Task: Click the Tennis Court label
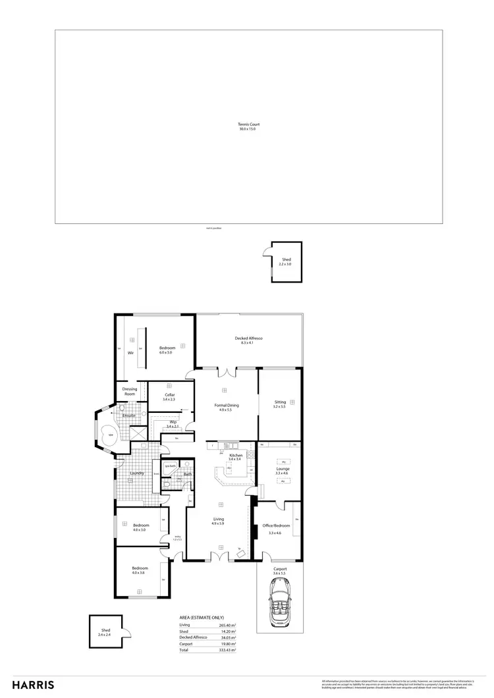coord(248,126)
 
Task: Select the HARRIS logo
coord(34,685)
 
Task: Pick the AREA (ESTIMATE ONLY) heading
coord(204,617)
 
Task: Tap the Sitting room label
coord(281,403)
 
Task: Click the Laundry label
coord(138,473)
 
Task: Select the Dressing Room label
coord(129,391)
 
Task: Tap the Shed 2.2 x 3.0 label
coord(286,261)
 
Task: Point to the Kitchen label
coord(236,456)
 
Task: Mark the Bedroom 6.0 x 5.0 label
coord(167,350)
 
